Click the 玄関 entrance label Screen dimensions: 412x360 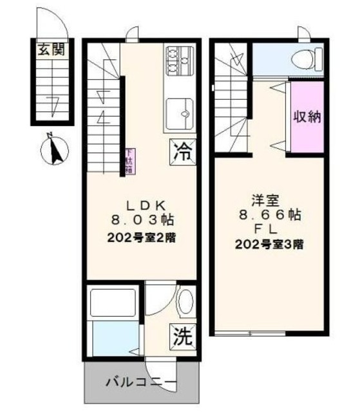pyautogui.click(x=52, y=50)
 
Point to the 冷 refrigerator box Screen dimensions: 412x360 pyautogui.click(x=183, y=153)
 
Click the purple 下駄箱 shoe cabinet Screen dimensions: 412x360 pyautogui.click(x=129, y=161)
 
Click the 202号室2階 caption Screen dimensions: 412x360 pyautogui.click(x=147, y=237)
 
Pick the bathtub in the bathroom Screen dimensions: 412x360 pyautogui.click(x=113, y=303)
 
